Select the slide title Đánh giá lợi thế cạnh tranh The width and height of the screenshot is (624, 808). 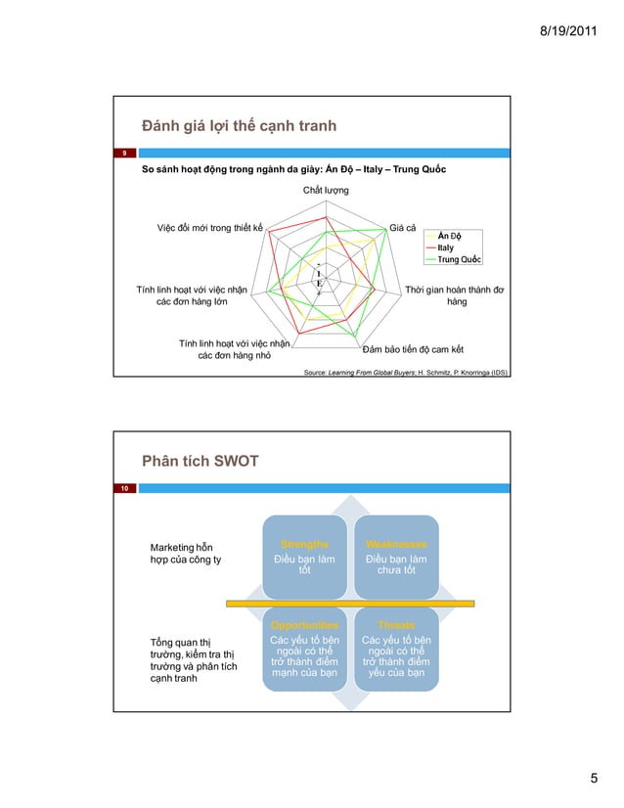[x=239, y=125]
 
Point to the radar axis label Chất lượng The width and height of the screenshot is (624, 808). [x=326, y=189]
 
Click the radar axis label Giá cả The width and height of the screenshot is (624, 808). [x=403, y=228]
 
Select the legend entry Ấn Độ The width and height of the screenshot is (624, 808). [x=449, y=236]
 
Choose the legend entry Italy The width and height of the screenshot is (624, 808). [x=445, y=247]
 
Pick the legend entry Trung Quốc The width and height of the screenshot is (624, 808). [x=458, y=259]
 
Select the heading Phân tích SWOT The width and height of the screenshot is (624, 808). [x=200, y=460]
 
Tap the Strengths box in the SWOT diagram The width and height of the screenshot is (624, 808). [x=304, y=556]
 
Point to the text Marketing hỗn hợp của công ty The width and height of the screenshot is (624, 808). [x=185, y=553]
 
